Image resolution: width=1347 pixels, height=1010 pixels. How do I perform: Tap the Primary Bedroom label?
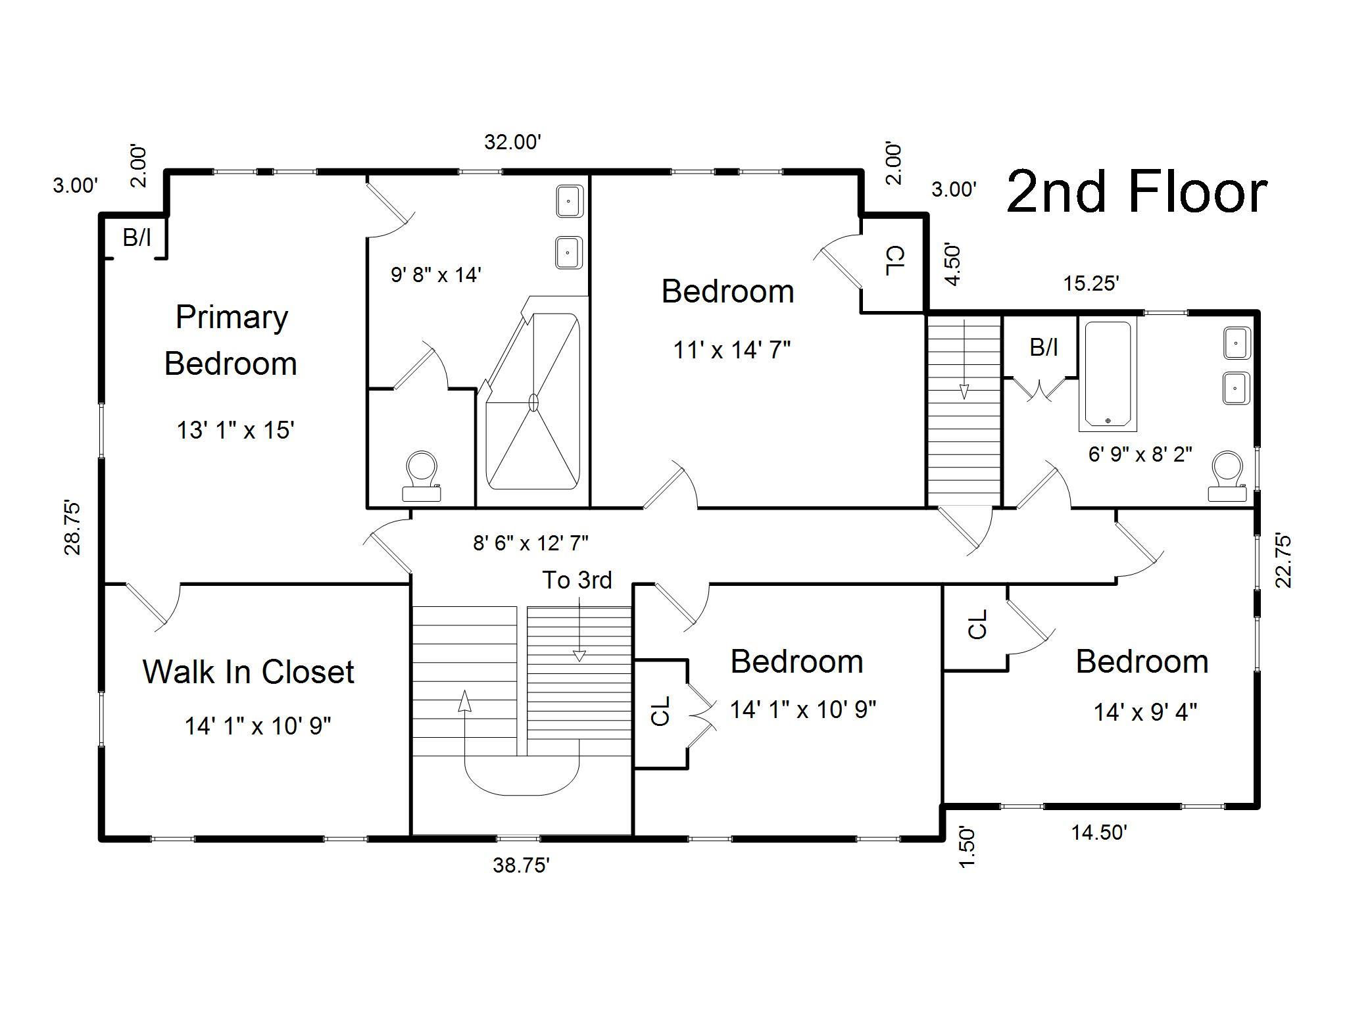[231, 341]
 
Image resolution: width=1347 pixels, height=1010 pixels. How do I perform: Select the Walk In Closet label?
[249, 671]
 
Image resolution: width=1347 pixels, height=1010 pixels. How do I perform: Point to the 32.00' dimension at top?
[512, 141]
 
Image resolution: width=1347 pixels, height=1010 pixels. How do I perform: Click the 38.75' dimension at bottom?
[521, 865]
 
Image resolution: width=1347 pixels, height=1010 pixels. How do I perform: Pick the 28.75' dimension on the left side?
[72, 528]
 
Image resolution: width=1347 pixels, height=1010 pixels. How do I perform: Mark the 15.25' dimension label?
[1091, 283]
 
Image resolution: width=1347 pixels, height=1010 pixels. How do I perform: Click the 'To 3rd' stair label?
[577, 580]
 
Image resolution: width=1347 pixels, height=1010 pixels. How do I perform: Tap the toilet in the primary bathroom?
[421, 476]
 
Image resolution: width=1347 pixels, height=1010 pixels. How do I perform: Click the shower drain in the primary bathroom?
[533, 402]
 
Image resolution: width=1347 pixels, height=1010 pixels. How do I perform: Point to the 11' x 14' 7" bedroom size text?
[732, 350]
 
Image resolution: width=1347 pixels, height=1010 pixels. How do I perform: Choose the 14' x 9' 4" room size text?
[1145, 711]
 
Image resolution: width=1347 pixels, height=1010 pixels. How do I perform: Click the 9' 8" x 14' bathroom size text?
[436, 274]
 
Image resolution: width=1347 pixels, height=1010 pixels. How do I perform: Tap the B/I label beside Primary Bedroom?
[137, 237]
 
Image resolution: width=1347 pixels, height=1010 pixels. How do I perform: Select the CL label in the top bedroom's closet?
[895, 261]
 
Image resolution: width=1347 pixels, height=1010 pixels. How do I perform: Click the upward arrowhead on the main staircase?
[465, 701]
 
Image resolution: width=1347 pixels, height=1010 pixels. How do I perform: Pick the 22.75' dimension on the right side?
[1283, 560]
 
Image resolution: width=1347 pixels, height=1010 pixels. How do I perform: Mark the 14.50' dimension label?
[1099, 832]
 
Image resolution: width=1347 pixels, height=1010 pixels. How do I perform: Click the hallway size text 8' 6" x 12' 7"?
[531, 543]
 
